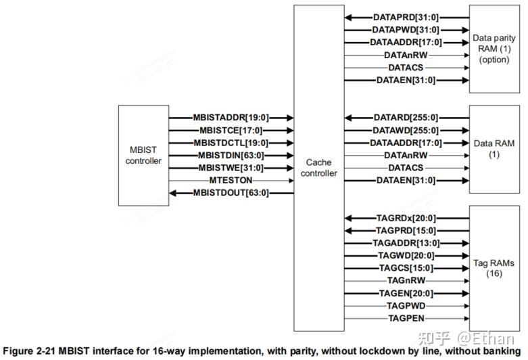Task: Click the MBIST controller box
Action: [x=143, y=156]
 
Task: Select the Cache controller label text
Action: [x=318, y=168]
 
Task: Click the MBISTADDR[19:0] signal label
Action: [x=230, y=118]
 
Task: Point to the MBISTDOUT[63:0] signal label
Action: [x=231, y=193]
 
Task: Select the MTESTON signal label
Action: [x=231, y=181]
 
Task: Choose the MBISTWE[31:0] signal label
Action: [x=231, y=168]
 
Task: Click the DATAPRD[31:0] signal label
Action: [x=406, y=17]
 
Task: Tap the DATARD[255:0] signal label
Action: [x=406, y=118]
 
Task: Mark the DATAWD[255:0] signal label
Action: [x=406, y=130]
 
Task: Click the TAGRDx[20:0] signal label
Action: [x=406, y=218]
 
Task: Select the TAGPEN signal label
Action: [x=406, y=318]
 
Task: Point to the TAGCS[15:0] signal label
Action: [x=406, y=268]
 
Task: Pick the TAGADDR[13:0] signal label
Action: [x=406, y=243]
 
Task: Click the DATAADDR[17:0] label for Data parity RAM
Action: [x=406, y=42]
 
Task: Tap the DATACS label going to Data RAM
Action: [x=406, y=168]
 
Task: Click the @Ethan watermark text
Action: [x=485, y=338]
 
